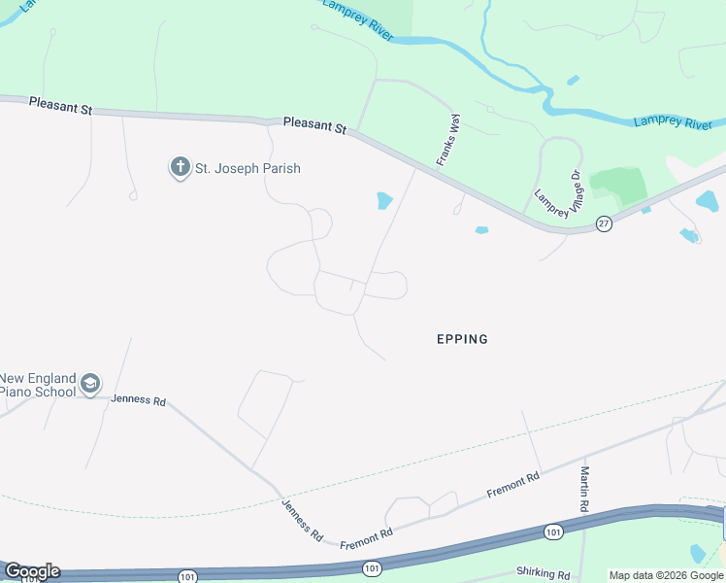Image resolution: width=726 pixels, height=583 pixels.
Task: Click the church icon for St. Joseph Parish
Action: (180, 168)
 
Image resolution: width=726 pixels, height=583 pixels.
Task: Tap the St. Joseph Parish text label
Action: (247, 168)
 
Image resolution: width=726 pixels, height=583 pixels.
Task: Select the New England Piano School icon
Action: (90, 384)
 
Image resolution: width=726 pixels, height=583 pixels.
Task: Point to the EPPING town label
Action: (462, 339)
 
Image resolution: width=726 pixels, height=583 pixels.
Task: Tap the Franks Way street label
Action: (447, 140)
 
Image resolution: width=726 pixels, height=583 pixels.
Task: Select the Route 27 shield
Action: (604, 223)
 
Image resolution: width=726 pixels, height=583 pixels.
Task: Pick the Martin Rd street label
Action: (585, 489)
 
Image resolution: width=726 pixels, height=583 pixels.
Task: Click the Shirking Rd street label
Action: (544, 574)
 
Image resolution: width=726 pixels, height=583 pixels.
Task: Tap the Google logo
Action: (31, 571)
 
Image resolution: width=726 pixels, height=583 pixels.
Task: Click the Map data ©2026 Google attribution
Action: (666, 575)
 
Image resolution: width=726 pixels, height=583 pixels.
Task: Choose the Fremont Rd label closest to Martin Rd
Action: (513, 485)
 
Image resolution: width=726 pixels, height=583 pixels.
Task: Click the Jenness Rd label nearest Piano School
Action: (139, 399)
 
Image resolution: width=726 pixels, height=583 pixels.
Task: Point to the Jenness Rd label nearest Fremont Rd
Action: (302, 520)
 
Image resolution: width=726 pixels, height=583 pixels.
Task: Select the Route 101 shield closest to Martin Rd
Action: (553, 532)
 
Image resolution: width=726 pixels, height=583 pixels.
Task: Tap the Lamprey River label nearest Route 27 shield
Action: (673, 122)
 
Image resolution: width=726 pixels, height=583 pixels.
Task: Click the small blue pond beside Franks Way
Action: (384, 201)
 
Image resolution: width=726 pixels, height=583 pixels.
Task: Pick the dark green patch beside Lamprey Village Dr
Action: (618, 184)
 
